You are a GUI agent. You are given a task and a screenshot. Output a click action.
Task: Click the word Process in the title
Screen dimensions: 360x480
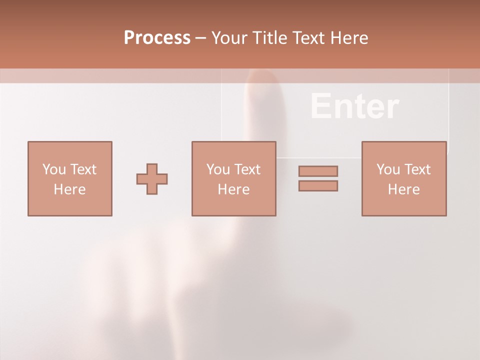click(157, 37)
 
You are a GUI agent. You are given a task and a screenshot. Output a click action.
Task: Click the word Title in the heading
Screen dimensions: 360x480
click(269, 37)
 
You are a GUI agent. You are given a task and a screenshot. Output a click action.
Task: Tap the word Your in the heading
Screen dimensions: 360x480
click(229, 37)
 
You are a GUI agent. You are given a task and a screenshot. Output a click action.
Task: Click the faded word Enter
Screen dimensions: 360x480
click(354, 106)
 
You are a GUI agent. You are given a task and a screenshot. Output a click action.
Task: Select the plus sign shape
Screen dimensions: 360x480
click(152, 179)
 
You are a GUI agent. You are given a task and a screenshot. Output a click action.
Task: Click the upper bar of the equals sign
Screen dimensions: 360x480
click(318, 171)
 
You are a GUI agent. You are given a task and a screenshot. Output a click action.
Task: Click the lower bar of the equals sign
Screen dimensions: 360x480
click(318, 186)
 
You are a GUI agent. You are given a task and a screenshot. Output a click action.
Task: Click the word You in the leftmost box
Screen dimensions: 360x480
click(53, 169)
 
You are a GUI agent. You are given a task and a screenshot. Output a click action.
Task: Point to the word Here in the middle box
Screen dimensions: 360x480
click(233, 189)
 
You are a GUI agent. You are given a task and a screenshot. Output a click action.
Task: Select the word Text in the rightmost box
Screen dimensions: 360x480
click(416, 169)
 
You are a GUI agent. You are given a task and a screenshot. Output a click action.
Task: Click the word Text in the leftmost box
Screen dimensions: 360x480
click(82, 169)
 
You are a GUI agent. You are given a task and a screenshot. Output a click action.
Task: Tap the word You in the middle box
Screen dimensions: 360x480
click(217, 169)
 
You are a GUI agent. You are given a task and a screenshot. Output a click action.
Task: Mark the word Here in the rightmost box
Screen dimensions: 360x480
click(403, 189)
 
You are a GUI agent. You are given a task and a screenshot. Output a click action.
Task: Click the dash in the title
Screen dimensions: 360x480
click(201, 38)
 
